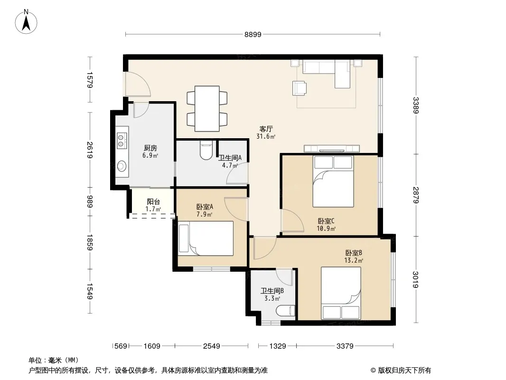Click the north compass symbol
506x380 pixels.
coord(26,22)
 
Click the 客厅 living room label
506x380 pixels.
coord(266,129)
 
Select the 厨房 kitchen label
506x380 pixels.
coord(150,148)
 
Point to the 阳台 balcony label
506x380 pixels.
coord(153,202)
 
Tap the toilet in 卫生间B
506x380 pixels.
coord(286,311)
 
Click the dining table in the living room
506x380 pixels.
coord(207,108)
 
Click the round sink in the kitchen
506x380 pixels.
coord(122,166)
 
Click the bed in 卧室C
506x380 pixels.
coord(333,182)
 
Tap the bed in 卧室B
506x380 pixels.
coord(341,294)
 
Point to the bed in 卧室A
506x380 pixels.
coord(206,238)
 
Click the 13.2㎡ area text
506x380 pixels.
coord(353,261)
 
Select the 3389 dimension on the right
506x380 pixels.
coord(416,105)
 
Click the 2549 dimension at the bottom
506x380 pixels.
coord(211,346)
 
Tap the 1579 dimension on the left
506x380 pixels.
coord(90,80)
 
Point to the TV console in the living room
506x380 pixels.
coord(332,149)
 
